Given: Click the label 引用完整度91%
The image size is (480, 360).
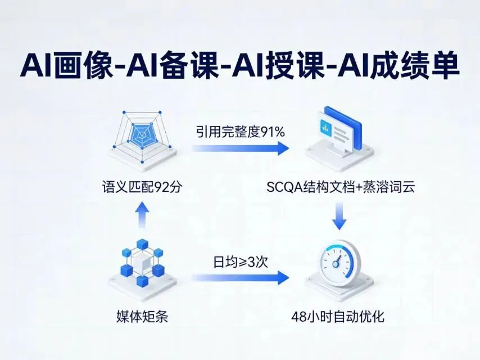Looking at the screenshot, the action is pos(241,132).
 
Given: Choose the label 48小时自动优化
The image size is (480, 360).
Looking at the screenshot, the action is pos(338,317).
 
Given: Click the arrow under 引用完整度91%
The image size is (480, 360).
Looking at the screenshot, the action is pos(239,148).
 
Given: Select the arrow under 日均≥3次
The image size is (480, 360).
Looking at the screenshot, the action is pos(239,277).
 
